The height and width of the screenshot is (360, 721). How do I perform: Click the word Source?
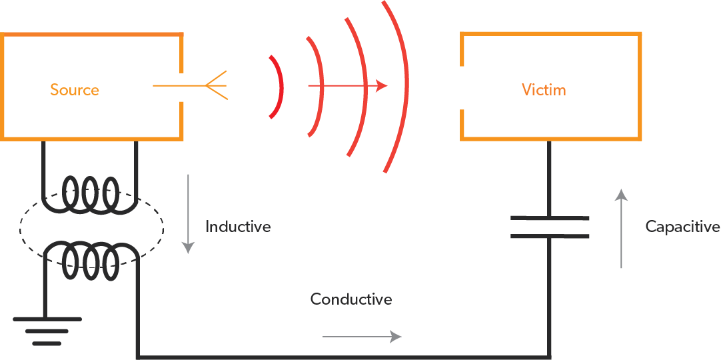[75, 90]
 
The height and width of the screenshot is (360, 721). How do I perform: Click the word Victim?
[544, 89]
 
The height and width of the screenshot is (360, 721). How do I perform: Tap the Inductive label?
[238, 227]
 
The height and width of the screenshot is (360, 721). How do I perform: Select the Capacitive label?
[682, 227]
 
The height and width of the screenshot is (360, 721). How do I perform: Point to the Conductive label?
[351, 299]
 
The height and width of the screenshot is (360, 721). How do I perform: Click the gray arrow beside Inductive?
[189, 213]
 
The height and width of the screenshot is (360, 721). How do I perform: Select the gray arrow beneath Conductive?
[362, 337]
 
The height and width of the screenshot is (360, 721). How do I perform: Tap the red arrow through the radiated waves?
[347, 86]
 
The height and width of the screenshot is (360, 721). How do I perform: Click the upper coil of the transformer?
[90, 193]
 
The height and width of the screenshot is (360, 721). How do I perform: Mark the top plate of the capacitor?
[550, 218]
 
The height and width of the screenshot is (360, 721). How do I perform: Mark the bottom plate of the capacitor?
[550, 235]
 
